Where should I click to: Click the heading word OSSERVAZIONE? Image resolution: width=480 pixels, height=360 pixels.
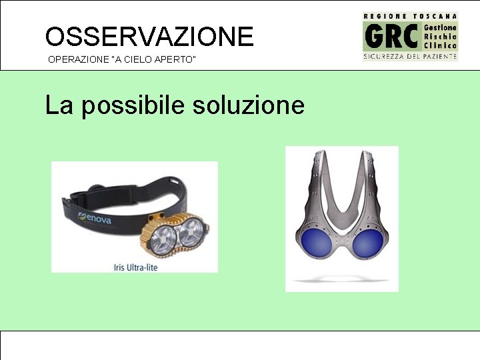pyautogui.click(x=149, y=36)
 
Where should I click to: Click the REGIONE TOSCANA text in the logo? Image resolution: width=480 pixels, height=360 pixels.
pyautogui.click(x=410, y=15)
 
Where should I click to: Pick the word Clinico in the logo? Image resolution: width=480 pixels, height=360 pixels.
pyautogui.click(x=440, y=45)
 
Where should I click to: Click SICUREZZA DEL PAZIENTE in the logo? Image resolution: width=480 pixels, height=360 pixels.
pyautogui.click(x=410, y=57)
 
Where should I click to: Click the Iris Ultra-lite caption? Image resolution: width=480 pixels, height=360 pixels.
pyautogui.click(x=135, y=267)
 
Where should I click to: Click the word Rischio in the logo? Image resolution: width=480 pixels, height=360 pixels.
pyautogui.click(x=440, y=36)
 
